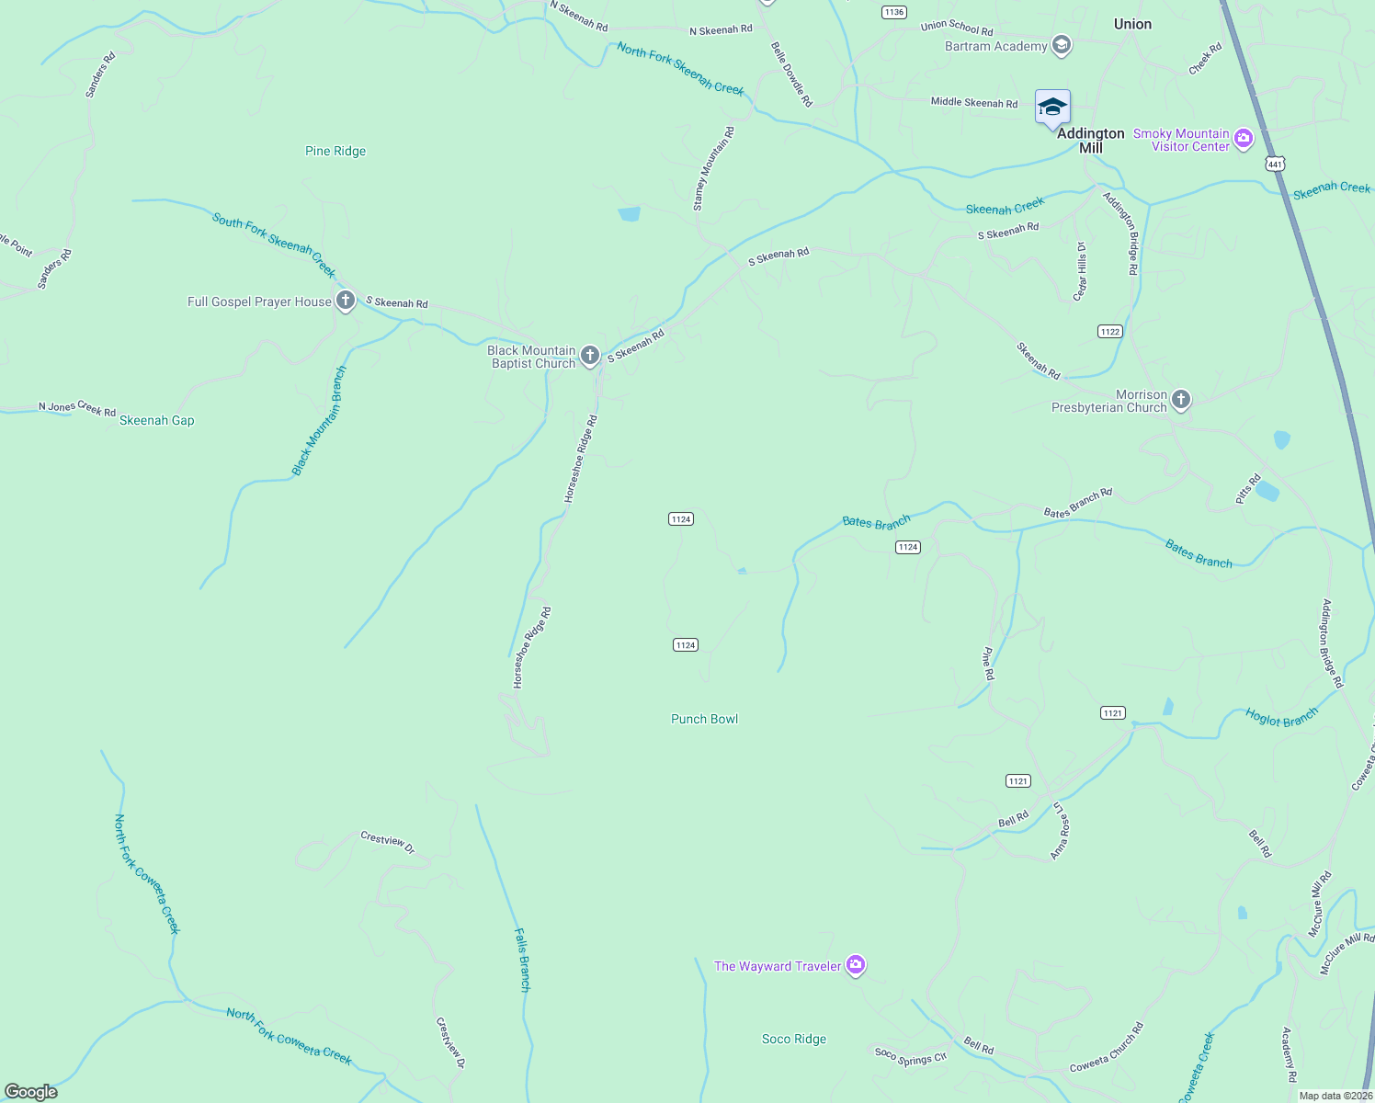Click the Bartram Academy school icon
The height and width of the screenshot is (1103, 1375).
click(1062, 45)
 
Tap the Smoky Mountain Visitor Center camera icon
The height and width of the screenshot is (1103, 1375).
click(1244, 139)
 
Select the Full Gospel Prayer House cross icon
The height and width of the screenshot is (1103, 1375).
click(346, 301)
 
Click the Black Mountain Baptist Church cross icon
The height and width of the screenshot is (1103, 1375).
click(590, 356)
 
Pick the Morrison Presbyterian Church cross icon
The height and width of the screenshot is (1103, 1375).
click(1181, 400)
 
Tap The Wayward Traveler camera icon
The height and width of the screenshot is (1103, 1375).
click(856, 965)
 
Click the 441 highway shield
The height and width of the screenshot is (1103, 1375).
click(1274, 164)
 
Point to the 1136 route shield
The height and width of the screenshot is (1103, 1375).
click(893, 12)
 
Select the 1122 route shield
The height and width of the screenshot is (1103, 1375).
click(1109, 331)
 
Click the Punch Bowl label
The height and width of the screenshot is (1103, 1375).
click(704, 719)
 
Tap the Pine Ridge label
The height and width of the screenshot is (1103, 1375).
click(335, 151)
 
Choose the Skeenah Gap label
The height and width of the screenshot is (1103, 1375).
click(157, 420)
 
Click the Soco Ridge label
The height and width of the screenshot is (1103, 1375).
click(794, 1039)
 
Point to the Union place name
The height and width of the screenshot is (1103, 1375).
click(1132, 24)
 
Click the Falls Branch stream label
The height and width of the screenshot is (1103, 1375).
click(521, 960)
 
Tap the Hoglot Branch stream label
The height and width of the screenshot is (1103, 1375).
click(1281, 716)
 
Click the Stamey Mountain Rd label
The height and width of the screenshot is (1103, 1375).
click(713, 169)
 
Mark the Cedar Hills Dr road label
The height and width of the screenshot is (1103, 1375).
click(1081, 270)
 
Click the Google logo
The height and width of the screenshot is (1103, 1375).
click(31, 1092)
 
